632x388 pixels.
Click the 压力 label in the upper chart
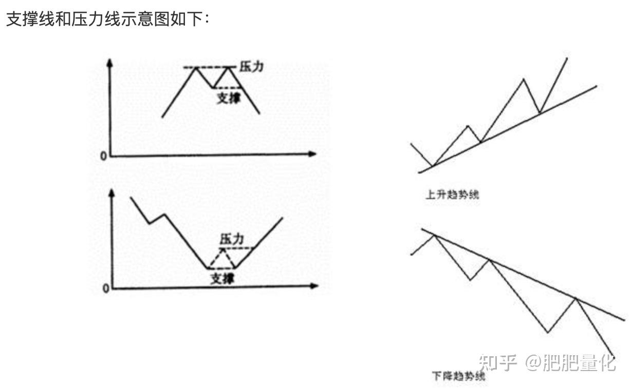click(251, 67)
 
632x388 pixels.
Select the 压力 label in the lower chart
click(231, 239)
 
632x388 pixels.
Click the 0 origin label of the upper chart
click(103, 156)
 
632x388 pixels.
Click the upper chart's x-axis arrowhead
click(312, 153)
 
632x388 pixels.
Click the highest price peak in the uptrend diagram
click(567, 58)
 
